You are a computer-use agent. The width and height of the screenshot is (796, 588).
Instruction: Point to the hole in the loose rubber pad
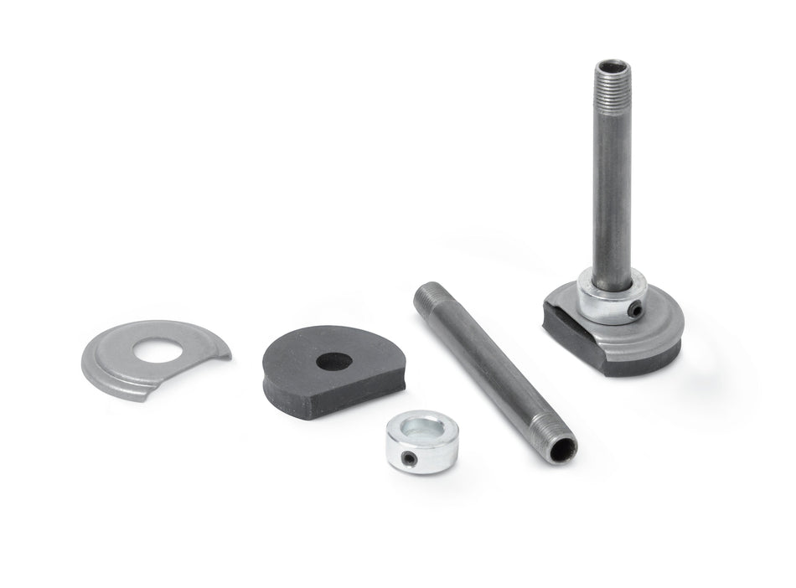[334, 362]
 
